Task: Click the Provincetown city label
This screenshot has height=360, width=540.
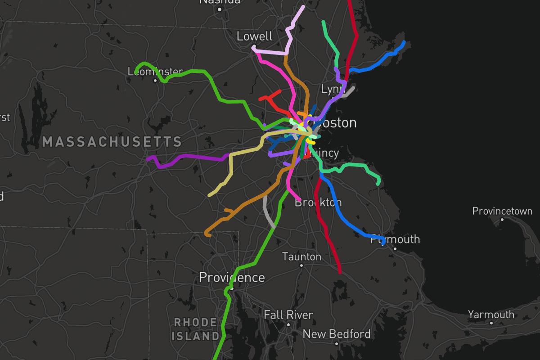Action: [502, 211]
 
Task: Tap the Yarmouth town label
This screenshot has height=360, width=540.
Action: [490, 315]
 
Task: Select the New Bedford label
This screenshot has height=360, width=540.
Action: [337, 334]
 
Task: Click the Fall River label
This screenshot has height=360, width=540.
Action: [288, 315]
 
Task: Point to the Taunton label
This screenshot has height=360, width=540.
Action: [301, 256]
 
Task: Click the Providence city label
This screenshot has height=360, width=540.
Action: [232, 277]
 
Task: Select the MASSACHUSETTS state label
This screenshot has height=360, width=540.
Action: [112, 142]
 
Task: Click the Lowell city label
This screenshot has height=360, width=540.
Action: [255, 36]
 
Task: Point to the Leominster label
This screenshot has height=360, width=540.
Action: [155, 71]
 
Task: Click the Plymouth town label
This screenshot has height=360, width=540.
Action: [395, 239]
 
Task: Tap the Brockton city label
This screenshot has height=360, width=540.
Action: [318, 202]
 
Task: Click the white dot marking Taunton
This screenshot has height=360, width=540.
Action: [301, 265]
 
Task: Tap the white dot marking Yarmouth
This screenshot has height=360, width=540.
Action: [491, 323]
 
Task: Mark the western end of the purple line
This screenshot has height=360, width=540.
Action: [148, 158]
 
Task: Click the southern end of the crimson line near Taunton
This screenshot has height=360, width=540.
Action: [340, 272]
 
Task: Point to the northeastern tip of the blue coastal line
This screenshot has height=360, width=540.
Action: [404, 42]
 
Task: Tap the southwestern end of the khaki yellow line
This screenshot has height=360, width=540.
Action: [210, 195]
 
